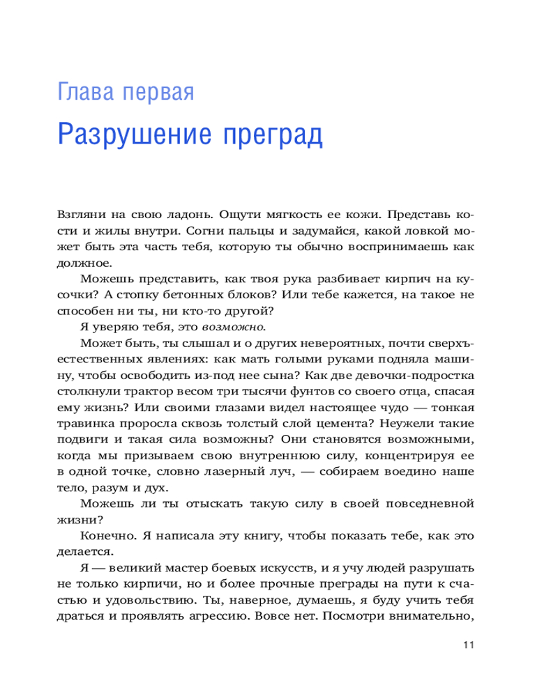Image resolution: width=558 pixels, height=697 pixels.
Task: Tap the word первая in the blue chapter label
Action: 155,92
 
